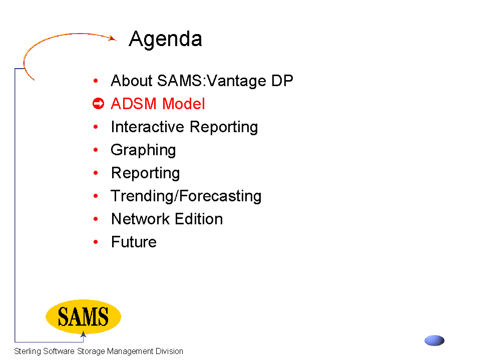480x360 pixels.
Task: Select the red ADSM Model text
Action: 158,104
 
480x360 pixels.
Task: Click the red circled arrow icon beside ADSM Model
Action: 98,104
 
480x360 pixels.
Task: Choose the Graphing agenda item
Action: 143,151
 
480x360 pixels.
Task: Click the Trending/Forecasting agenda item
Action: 186,196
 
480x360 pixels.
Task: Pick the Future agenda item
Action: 134,242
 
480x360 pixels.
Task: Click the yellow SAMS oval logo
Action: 83,316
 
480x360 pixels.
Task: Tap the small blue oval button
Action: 434,340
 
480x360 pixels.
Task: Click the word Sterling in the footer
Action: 27,351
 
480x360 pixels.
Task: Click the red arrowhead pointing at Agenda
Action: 113,38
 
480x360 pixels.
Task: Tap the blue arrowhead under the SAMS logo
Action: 83,334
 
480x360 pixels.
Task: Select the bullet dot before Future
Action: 96,242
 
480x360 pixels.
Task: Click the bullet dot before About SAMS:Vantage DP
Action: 96,81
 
